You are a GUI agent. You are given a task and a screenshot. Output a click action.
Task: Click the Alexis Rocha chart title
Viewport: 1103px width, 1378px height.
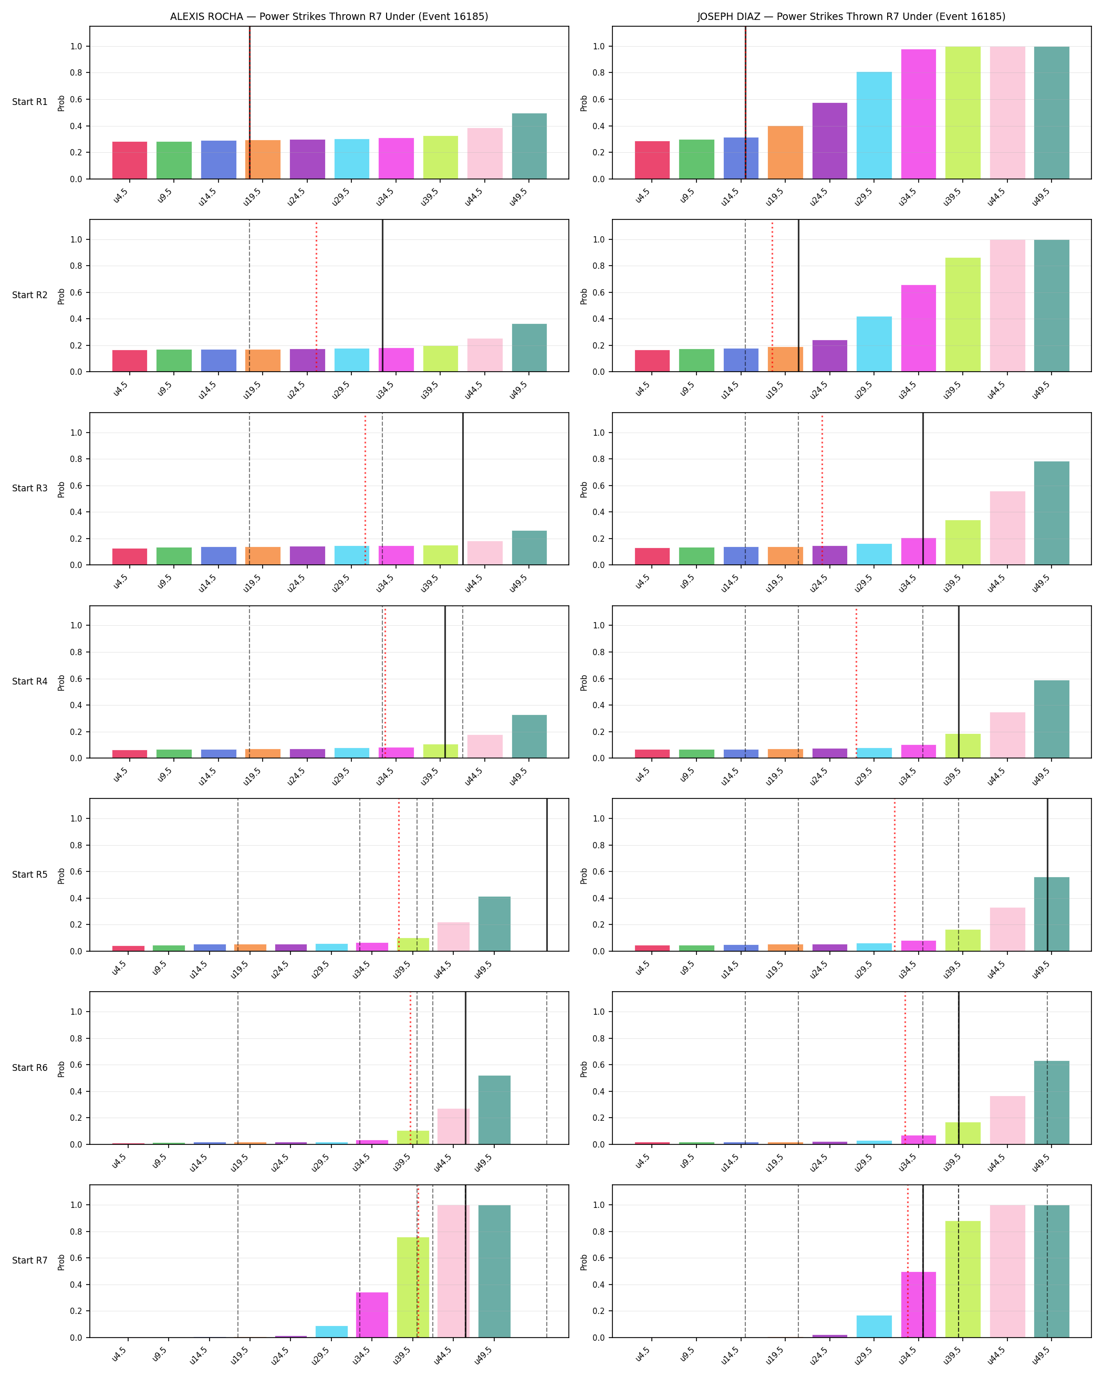point(329,17)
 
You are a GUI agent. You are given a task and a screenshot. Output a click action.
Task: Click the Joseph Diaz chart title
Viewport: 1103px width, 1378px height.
point(851,17)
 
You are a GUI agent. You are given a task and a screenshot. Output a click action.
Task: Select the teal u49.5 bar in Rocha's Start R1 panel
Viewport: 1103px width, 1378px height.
point(529,146)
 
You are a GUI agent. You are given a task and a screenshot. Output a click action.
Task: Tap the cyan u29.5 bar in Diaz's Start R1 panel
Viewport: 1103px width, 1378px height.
point(874,125)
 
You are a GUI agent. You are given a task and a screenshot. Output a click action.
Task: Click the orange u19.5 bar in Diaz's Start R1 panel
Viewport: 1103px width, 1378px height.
point(785,152)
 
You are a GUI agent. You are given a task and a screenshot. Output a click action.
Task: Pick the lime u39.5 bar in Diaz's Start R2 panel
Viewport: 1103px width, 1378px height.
point(962,314)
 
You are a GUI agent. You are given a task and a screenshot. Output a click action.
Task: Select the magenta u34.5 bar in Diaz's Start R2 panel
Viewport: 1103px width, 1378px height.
point(918,329)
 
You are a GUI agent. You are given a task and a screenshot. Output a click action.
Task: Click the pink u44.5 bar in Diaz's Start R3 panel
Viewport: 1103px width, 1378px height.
point(1007,528)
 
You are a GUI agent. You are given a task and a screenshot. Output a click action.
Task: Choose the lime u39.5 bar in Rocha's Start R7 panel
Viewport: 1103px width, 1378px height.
point(413,1287)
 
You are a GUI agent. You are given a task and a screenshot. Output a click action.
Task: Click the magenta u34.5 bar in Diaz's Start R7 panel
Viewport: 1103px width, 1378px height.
point(918,1305)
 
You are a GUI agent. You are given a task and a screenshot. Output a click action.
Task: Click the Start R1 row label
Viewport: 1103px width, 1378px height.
point(29,102)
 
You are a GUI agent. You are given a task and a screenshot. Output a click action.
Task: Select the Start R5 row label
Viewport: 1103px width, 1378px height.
point(29,875)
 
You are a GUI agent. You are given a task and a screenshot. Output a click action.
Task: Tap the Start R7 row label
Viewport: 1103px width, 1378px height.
point(29,1260)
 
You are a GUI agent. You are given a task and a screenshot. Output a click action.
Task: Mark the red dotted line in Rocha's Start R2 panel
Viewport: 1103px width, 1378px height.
point(316,296)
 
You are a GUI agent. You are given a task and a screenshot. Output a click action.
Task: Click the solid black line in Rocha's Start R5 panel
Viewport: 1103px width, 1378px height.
point(547,875)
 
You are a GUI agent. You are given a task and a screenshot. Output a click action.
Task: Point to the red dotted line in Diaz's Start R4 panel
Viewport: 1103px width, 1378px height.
point(856,682)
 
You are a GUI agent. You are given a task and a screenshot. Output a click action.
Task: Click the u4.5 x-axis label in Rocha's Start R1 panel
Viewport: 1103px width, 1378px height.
point(121,196)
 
